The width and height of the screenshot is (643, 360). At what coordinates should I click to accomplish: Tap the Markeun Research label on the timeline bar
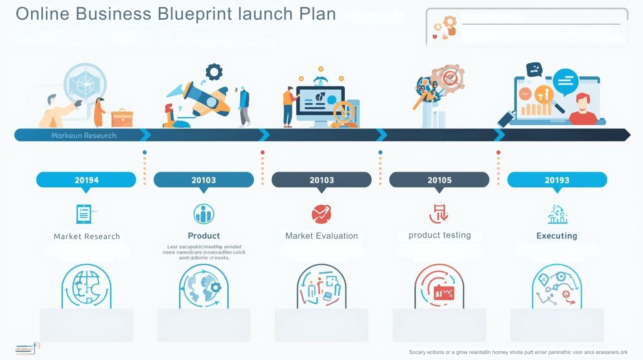tap(84, 136)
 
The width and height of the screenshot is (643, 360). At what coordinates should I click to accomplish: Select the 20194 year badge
tap(86, 180)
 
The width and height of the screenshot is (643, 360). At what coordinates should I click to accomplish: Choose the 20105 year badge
tap(439, 180)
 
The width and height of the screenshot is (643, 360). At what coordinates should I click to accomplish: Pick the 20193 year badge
tap(557, 180)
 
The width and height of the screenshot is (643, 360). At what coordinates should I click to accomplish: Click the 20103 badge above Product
tap(204, 180)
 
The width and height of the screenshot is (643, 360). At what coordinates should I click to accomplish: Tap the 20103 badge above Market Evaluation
tap(321, 180)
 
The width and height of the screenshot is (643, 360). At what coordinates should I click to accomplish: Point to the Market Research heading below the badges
tap(87, 237)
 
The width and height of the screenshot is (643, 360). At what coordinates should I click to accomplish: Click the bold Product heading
tap(204, 236)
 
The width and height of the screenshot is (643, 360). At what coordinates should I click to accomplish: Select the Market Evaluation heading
tap(321, 236)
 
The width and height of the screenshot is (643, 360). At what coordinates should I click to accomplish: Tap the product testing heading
tap(440, 235)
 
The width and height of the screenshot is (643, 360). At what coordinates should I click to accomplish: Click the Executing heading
tap(557, 236)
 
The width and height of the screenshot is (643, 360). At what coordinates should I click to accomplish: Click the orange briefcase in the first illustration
tap(122, 118)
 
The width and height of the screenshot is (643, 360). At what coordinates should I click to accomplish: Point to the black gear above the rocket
tap(214, 72)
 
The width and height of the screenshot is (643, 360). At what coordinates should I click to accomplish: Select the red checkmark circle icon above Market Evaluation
tap(321, 214)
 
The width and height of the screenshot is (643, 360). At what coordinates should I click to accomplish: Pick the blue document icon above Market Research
tap(84, 214)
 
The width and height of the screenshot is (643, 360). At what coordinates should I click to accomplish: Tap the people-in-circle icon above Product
tap(204, 214)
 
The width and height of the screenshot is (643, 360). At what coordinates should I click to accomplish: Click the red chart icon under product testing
tap(444, 293)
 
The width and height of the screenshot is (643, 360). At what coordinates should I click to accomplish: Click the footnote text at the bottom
tap(518, 352)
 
